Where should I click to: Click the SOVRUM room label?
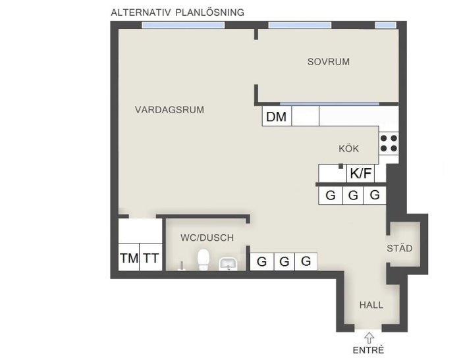329,62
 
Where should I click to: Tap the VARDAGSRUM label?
169,110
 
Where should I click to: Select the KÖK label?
348,148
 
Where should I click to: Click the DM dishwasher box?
277,116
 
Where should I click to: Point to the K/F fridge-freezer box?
360,173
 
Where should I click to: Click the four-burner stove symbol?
389,143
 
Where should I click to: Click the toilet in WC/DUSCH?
203,259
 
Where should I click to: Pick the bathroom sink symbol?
228,264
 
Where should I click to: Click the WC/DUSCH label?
207,238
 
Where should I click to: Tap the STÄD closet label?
400,248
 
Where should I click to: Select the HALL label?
371,305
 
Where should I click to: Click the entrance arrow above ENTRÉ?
369,338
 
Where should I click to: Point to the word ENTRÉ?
368,350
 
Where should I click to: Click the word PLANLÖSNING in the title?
209,13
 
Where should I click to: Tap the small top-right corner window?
385,25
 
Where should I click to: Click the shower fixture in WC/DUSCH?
181,266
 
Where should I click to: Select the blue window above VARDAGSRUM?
183,25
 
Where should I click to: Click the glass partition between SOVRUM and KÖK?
329,104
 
